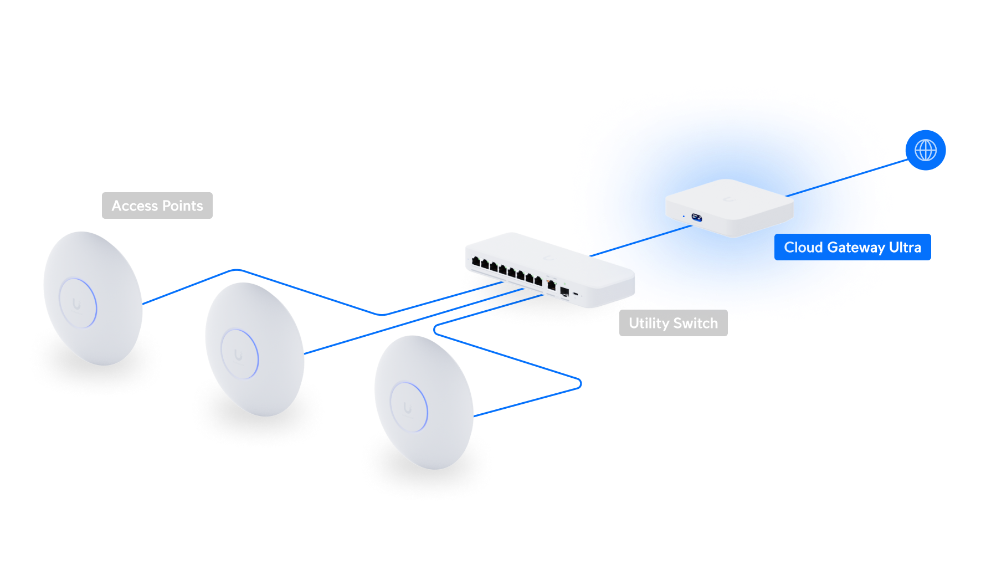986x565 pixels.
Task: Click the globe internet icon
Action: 926,150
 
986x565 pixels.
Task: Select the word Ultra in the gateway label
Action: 905,248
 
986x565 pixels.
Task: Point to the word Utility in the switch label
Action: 649,323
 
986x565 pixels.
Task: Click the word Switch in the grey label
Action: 695,323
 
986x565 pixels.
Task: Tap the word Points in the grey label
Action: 182,206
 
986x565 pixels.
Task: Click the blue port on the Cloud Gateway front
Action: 696,218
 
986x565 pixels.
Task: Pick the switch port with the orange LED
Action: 551,285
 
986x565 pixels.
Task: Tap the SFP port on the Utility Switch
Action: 564,292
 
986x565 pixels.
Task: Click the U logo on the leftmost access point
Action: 76,304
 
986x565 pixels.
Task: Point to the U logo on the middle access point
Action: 238,355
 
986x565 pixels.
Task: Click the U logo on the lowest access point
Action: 408,408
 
